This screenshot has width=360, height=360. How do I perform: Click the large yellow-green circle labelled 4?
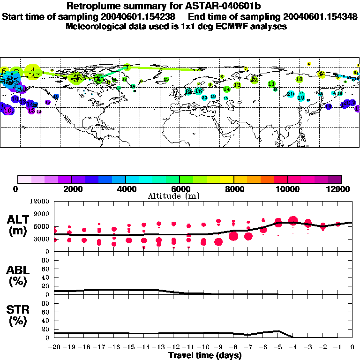click(x=32, y=71)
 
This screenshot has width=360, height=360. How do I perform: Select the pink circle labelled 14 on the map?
click(x=39, y=112)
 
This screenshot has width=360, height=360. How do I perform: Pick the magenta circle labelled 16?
click(x=8, y=111)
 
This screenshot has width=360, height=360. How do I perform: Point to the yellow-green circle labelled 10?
click(x=299, y=79)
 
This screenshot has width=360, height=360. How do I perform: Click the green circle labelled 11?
click(x=271, y=84)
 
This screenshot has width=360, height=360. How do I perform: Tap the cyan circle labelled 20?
click(x=291, y=94)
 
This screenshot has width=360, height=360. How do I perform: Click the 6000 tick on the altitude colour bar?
click(x=180, y=189)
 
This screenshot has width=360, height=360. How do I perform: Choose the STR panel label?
click(x=18, y=314)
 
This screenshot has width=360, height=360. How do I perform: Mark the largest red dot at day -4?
click(x=293, y=220)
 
